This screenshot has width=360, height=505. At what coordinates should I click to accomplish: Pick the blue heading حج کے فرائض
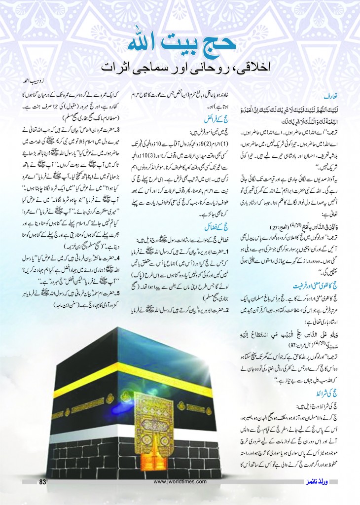coord(219,117)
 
